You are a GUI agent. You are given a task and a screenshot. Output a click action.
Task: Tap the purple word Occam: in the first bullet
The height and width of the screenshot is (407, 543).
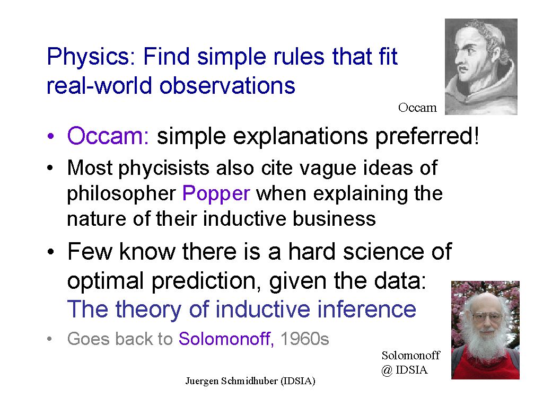(x=108, y=136)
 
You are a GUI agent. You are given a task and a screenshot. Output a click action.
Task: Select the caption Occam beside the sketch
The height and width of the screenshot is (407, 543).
(x=417, y=108)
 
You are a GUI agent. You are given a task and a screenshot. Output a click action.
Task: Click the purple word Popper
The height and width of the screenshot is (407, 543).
(x=216, y=193)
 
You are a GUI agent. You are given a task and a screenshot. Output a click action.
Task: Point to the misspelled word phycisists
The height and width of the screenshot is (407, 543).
(x=164, y=169)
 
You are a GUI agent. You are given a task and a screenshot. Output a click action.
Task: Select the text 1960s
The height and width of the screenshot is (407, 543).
(x=304, y=339)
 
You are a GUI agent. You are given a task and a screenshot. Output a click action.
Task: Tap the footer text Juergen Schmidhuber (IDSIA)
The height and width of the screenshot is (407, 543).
(x=250, y=381)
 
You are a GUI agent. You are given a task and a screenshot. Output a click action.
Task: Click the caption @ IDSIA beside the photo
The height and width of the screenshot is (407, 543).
(x=405, y=370)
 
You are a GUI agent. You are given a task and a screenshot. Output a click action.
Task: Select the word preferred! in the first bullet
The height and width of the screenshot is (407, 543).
(x=427, y=136)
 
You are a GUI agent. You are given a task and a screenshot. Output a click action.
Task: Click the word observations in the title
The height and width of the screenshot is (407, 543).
(x=227, y=85)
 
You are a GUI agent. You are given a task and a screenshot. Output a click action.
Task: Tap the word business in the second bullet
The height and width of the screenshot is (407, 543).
(x=335, y=219)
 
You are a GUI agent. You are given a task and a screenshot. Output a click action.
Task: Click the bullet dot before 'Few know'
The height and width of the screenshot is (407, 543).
(x=51, y=252)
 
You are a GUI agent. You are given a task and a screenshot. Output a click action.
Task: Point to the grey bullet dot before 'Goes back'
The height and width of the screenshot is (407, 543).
(x=50, y=339)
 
